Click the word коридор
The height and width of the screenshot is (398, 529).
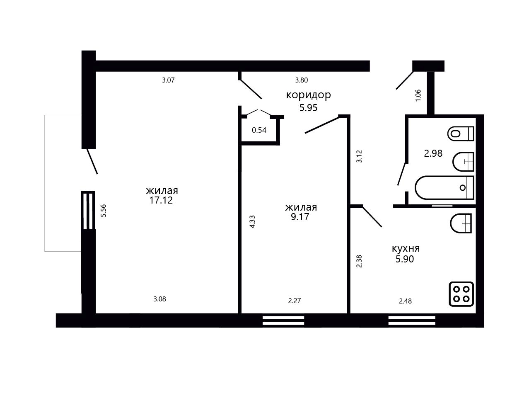308,95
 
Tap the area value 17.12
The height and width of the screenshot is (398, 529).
161,200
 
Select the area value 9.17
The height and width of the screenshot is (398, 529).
300,216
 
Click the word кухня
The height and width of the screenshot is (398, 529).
406,248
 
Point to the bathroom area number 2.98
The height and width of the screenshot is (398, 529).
433,153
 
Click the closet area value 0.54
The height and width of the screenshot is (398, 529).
259,130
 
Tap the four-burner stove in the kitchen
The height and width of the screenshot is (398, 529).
461,294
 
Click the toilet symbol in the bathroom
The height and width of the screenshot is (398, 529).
461,133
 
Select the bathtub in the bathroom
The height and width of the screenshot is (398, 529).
444,188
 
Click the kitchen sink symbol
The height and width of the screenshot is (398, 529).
461,223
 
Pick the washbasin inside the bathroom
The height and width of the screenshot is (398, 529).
463,162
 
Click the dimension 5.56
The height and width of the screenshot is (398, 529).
104,211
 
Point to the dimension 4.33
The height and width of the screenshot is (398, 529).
252,222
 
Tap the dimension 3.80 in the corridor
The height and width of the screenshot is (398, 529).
302,80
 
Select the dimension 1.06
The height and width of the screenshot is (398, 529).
418,95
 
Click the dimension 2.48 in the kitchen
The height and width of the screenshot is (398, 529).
406,301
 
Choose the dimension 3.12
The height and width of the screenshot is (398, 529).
359,156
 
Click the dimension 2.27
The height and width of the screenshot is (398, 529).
295,301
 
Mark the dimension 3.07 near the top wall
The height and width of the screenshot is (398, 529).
168,80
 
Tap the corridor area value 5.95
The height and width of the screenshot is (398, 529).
308,108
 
